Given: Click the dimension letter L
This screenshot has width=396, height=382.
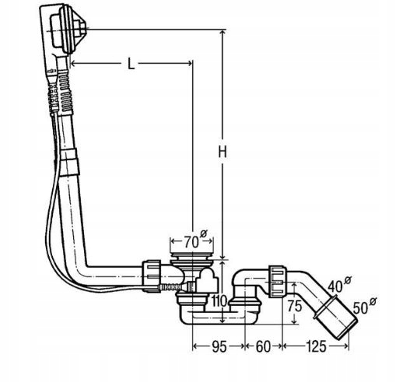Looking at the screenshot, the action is pos(131,64).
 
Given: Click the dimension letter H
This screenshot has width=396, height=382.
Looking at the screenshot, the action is pos(223,152).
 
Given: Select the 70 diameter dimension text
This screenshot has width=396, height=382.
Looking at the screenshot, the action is pos(196,240).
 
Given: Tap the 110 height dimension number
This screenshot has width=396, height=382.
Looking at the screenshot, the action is pos(219,301).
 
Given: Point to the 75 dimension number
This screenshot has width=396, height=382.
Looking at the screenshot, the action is pos(295,306).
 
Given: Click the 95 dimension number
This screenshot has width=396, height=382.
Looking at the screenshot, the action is pos(219,346).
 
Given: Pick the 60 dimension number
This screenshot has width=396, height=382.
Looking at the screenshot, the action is pos(263,346).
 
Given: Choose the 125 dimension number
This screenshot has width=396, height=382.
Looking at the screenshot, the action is pos(316,346).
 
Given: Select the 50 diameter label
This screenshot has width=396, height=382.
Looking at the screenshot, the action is pos(365,306).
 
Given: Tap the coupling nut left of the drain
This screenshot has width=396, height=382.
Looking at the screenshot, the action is pos(152,276).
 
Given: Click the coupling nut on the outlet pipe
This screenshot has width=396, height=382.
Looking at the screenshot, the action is pos(278,282).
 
